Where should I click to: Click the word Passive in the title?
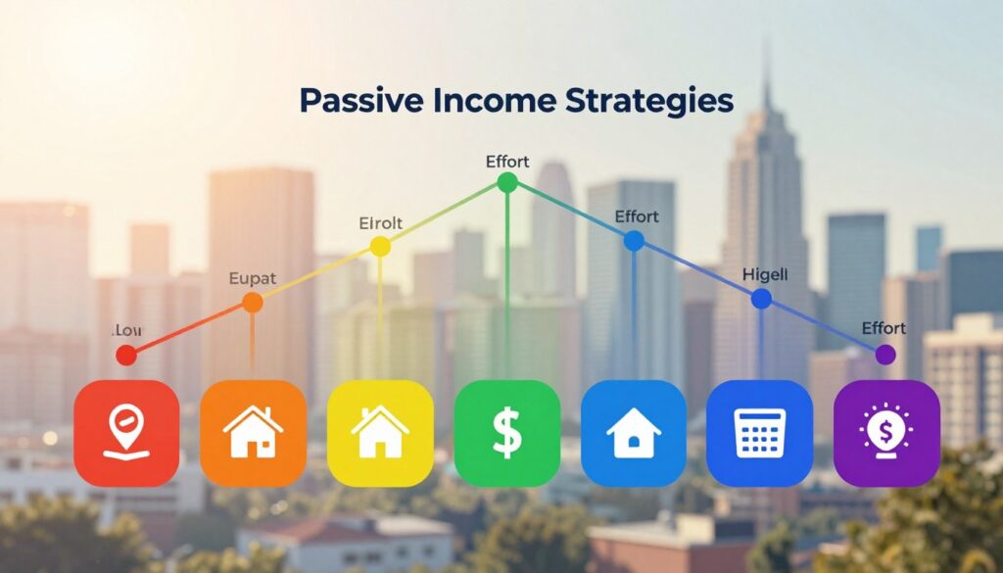[355, 101]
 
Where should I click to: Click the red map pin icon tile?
[126, 433]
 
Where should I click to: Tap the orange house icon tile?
[252, 433]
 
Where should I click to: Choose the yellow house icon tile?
[380, 433]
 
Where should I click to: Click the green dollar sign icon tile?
[506, 433]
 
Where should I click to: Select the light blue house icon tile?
[634, 433]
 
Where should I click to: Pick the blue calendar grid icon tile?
[759, 433]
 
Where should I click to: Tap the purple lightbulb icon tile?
[886, 433]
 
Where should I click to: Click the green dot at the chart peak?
[506, 182]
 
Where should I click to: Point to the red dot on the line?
[126, 355]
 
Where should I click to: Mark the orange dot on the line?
[252, 303]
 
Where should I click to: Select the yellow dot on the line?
[380, 247]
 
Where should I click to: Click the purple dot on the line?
[885, 355]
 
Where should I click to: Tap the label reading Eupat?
[253, 279]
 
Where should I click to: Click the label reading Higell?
[765, 275]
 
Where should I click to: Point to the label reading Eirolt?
[381, 222]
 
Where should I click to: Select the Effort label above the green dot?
[507, 160]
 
